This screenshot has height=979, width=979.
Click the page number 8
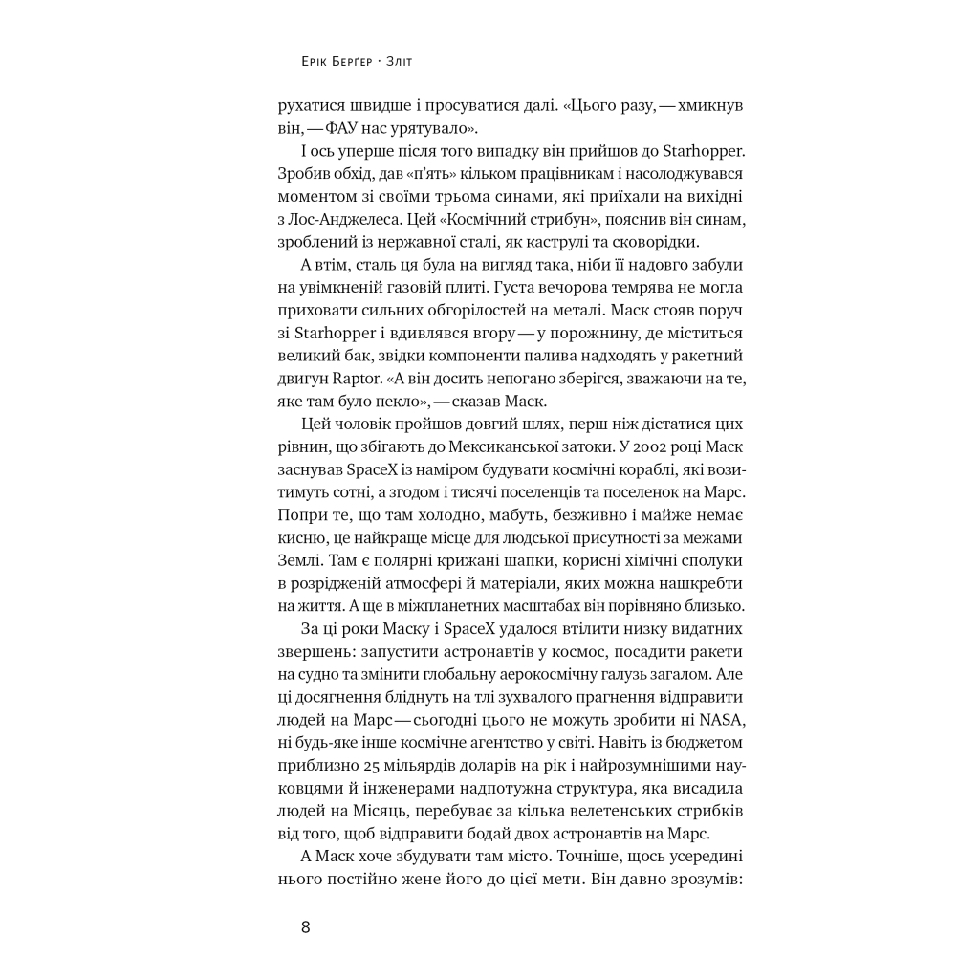(x=305, y=926)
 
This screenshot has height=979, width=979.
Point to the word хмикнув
(x=703, y=104)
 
